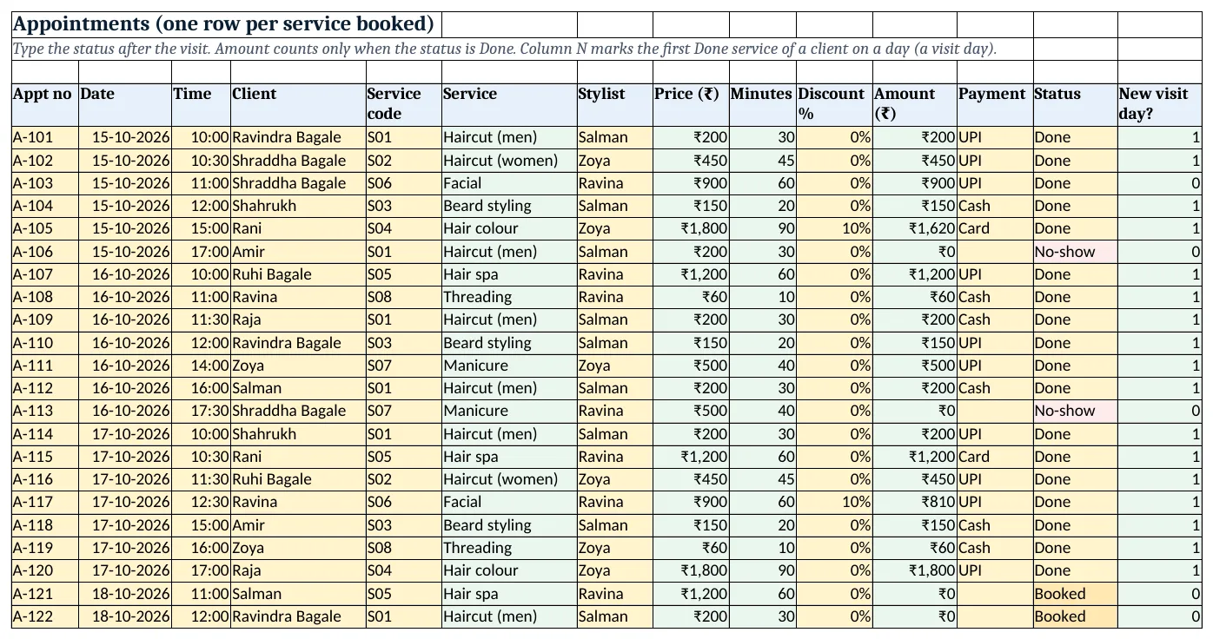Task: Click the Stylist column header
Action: coord(601,94)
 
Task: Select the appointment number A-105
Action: coord(33,228)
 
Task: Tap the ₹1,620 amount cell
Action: coord(932,228)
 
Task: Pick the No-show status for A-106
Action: coord(1064,252)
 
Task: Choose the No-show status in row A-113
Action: coord(1064,411)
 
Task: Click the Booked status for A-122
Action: coord(1060,616)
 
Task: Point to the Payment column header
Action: coord(991,94)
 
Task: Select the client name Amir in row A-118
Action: coord(248,525)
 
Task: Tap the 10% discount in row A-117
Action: coord(857,502)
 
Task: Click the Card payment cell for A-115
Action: coord(974,457)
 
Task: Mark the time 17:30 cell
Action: coord(210,411)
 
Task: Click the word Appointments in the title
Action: coord(81,24)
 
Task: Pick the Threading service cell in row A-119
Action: coord(477,548)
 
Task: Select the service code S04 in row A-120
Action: coord(379,570)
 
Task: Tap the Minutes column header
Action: coord(761,94)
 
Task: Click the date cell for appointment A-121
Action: coord(130,594)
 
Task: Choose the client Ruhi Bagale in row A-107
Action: coord(272,274)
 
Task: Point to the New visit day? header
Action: coord(1153,103)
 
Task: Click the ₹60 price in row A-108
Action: coord(714,297)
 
